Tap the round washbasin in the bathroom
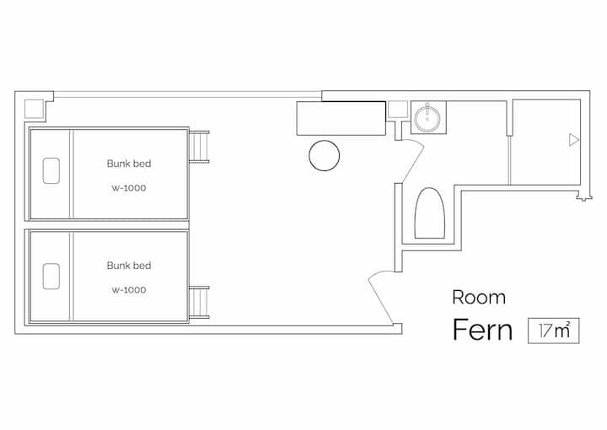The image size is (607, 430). click(427, 118)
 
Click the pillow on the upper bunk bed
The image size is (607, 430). click(51, 170)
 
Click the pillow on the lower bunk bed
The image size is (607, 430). click(51, 277)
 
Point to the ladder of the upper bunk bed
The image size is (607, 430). click(199, 147)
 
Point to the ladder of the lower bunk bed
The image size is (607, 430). click(199, 303)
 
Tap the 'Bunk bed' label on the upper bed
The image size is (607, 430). click(129, 164)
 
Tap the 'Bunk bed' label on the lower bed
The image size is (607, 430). click(129, 266)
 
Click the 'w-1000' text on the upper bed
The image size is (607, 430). click(129, 188)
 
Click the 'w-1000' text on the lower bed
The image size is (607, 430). click(129, 290)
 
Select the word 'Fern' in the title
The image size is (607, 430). click(482, 330)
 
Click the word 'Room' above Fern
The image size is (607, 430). click(479, 298)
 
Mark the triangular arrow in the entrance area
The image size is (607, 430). click(574, 140)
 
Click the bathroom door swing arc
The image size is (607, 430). click(413, 160)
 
